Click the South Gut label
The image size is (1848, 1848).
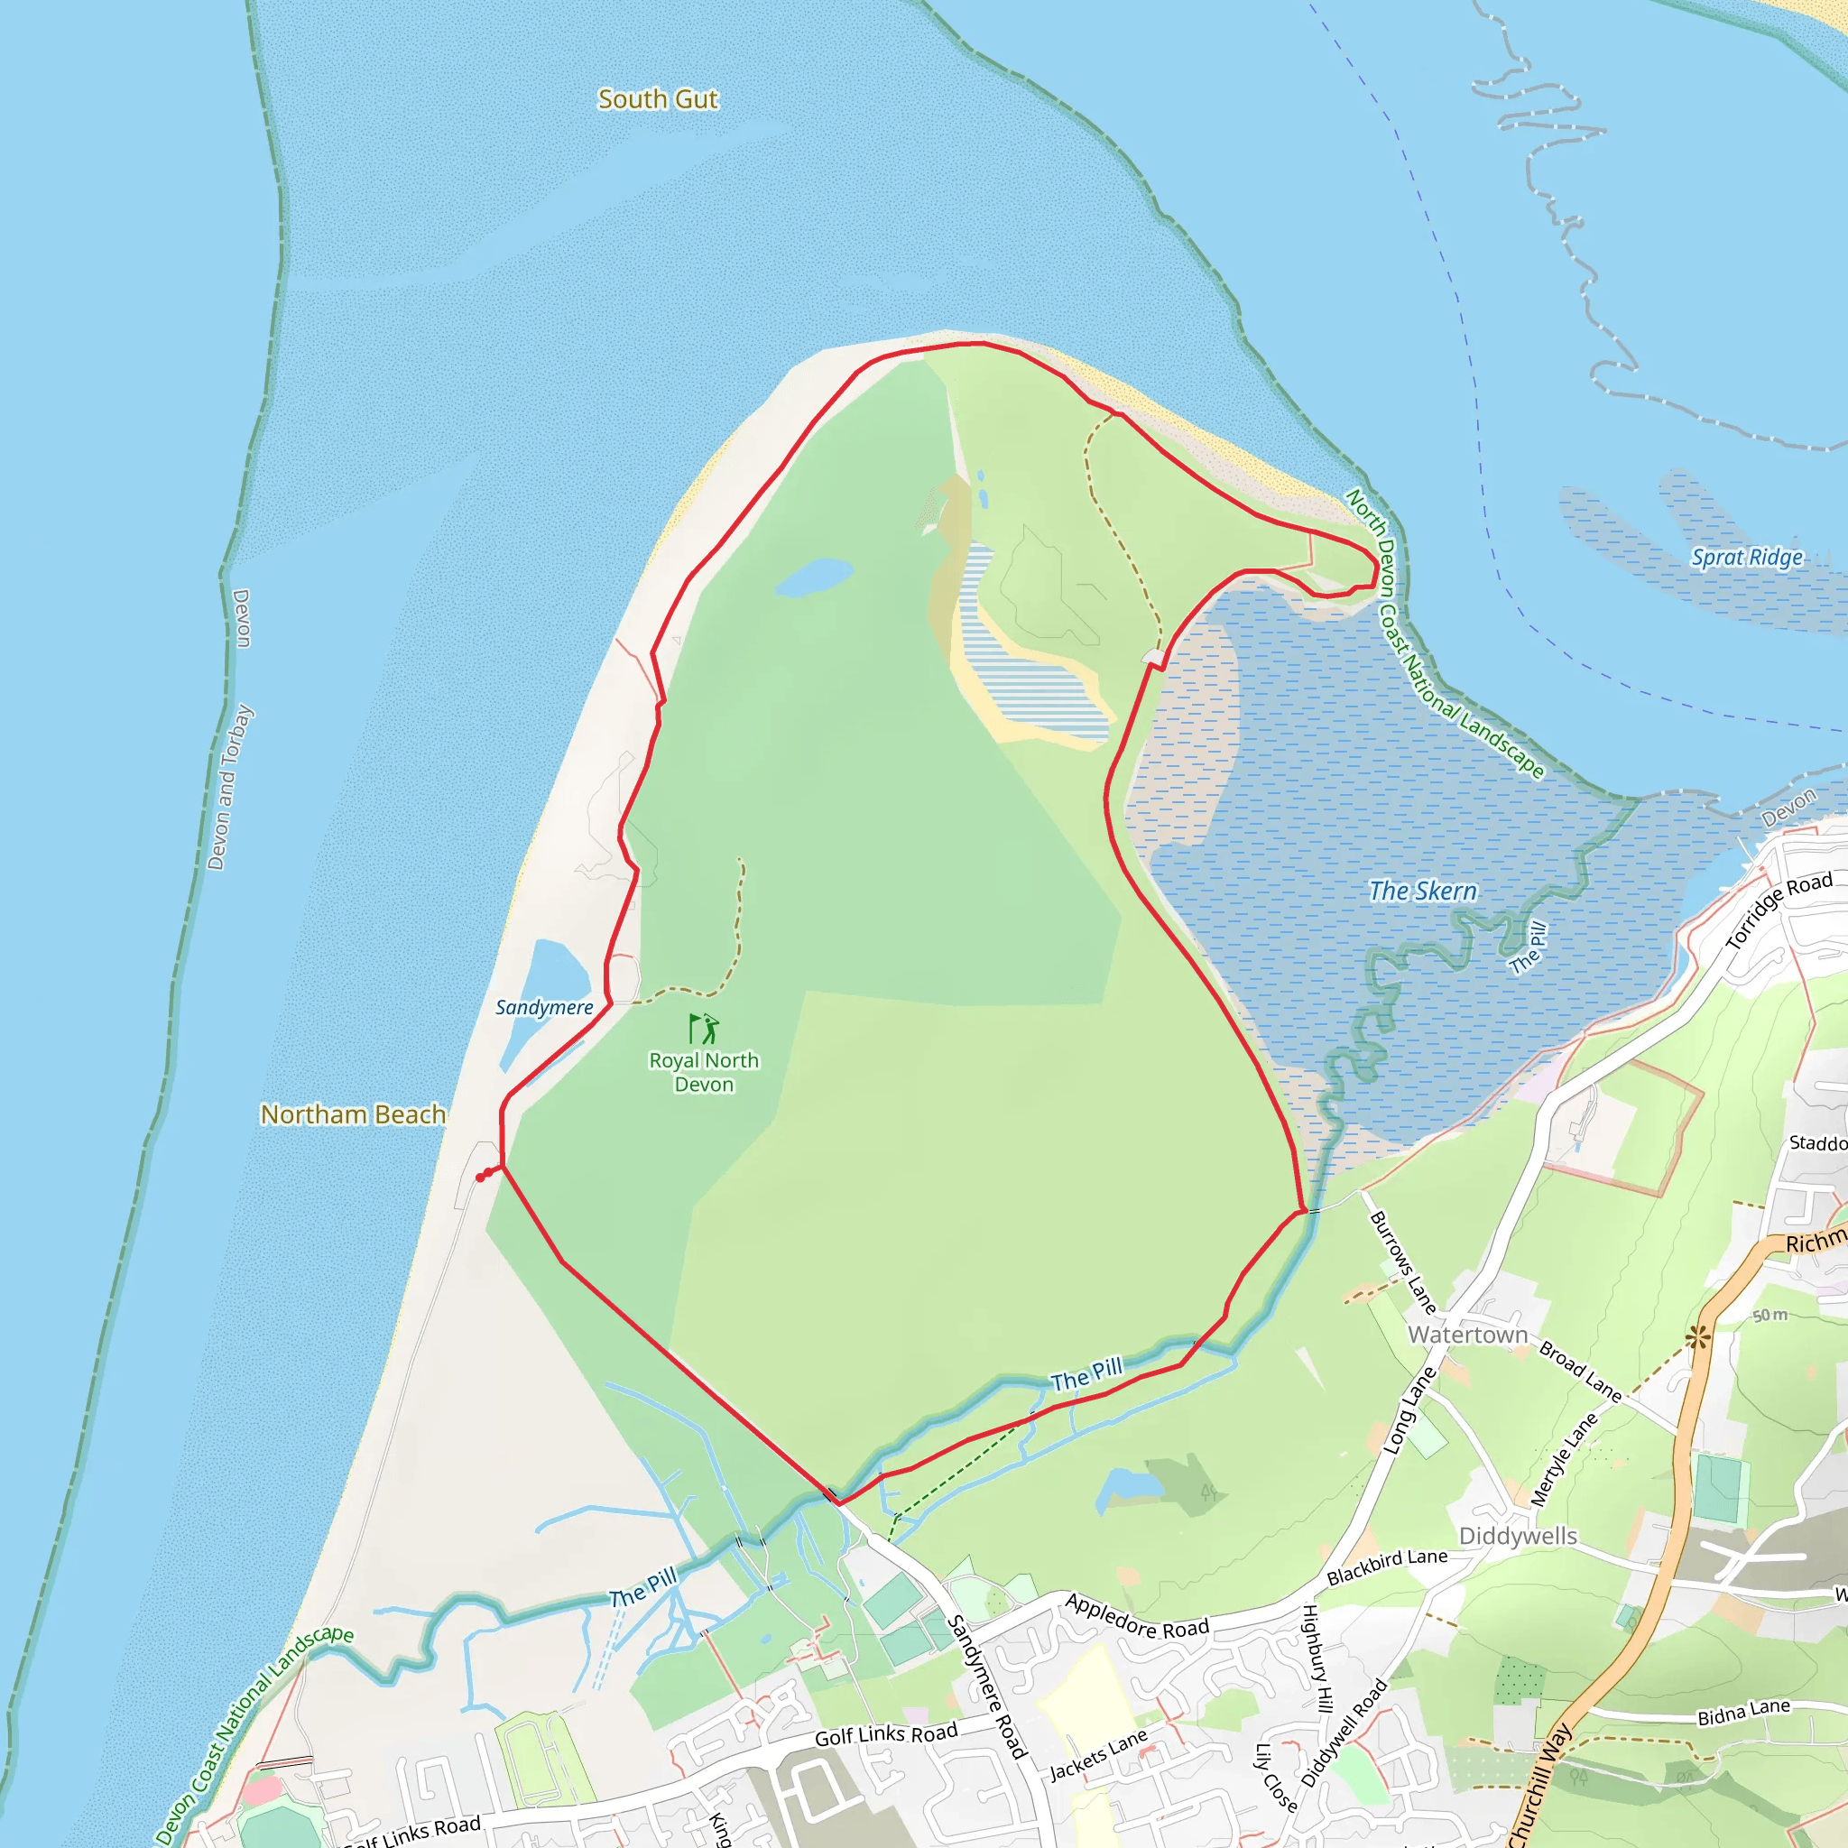657,99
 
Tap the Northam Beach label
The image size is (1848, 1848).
353,1114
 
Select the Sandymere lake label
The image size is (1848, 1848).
543,1007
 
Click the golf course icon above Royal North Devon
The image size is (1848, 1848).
704,1029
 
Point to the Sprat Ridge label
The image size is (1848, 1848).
1747,558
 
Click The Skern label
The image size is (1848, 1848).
1422,891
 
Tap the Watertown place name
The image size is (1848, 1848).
1467,1335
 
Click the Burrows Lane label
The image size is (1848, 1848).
1403,1262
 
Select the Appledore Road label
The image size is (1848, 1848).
1137,1615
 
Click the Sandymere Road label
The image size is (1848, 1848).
986,1686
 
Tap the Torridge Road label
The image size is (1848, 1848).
1779,910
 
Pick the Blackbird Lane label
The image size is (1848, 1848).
1387,1566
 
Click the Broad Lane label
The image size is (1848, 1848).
1580,1372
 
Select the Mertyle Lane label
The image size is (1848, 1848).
1565,1460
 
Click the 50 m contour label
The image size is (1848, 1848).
1769,1316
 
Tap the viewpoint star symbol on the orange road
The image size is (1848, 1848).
1699,1337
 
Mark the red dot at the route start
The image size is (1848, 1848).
480,1178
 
